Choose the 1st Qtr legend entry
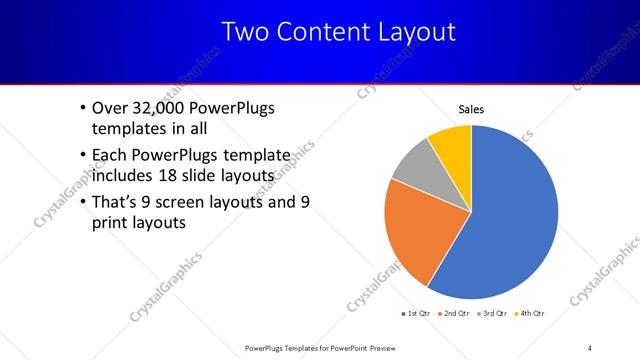pos(418,314)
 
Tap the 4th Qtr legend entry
pos(531,314)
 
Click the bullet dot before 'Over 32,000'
pos(81,109)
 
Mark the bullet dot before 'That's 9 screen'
pos(81,203)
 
